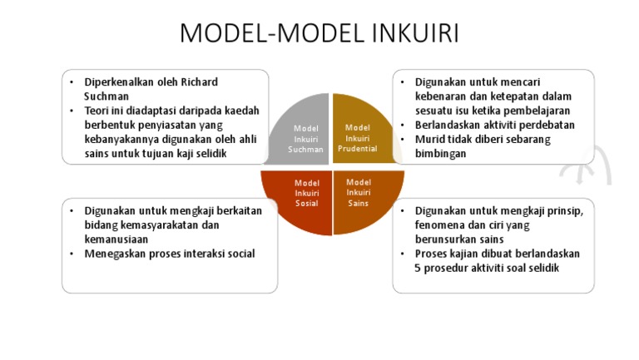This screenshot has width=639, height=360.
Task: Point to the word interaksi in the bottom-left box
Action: point(192,254)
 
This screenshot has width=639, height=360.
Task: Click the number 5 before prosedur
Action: point(418,268)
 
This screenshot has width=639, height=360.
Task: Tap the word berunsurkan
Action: point(449,239)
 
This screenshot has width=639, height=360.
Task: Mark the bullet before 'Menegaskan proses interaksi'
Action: point(72,254)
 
